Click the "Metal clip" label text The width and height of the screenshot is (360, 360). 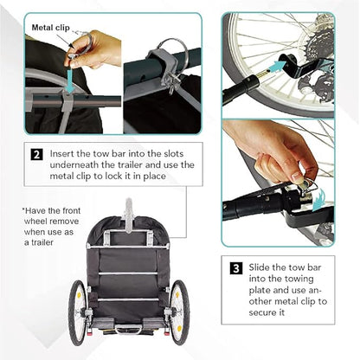pos(51,28)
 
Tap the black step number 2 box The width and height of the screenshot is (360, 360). pos(36,154)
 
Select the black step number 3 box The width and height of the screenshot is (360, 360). pos(236,268)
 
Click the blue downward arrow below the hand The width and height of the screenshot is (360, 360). pos(69,80)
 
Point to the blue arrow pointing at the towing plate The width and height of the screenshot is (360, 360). pos(276,67)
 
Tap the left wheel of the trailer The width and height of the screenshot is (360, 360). pos(77,312)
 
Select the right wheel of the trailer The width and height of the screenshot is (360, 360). pos(179,313)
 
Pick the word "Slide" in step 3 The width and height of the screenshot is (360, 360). pos(259,267)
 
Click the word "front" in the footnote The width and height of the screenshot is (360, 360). pos(71,211)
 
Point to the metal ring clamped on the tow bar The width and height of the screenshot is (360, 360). pos(174,55)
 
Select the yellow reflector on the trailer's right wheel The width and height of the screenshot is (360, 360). pos(180,328)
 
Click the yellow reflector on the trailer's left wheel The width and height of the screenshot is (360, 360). pos(79,295)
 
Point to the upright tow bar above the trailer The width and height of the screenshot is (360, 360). pos(129,215)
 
